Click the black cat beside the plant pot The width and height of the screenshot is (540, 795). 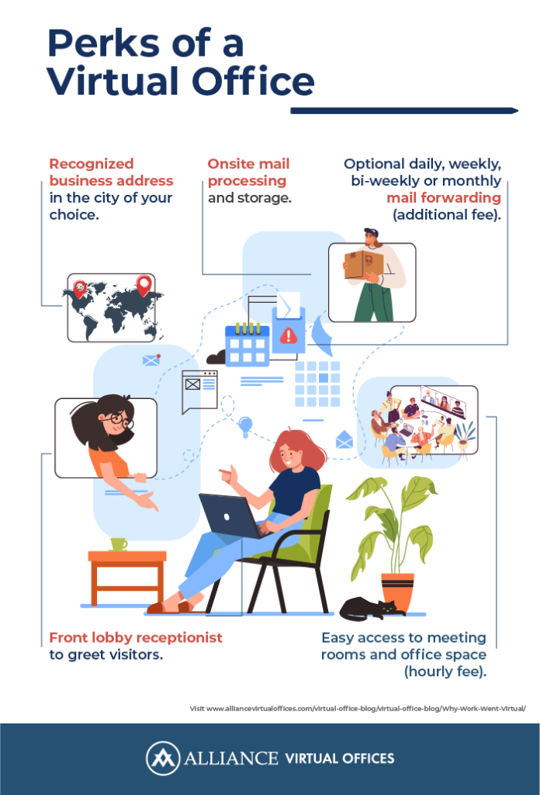(x=372, y=609)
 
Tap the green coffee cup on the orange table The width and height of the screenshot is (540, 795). (x=119, y=544)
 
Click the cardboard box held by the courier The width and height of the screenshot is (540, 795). (x=363, y=264)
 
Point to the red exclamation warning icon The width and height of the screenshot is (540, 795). (x=289, y=335)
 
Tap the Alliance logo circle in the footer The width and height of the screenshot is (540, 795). (x=163, y=759)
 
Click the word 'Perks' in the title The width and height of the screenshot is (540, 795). (x=105, y=43)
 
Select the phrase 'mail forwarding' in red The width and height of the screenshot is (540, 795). (x=444, y=198)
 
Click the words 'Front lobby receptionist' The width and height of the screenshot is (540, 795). (x=136, y=637)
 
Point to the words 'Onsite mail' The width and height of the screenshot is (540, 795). (x=248, y=164)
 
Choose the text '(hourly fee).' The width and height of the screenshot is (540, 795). (x=445, y=672)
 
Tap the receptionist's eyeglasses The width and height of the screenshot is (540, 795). (x=118, y=420)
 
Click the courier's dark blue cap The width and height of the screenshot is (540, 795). (x=372, y=233)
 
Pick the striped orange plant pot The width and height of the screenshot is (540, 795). (x=397, y=591)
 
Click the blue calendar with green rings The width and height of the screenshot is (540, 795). (x=247, y=344)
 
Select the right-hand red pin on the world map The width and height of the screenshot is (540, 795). (x=144, y=286)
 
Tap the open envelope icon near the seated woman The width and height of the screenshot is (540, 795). (x=344, y=439)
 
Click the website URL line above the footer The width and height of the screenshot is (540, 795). (x=358, y=708)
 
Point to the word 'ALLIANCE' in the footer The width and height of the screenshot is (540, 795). (x=231, y=759)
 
